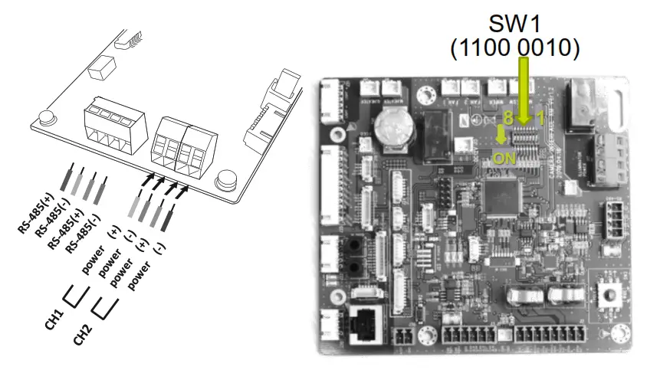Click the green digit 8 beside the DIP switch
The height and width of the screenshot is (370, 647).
pyautogui.click(x=507, y=118)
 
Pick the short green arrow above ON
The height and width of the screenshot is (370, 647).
pyautogui.click(x=501, y=136)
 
